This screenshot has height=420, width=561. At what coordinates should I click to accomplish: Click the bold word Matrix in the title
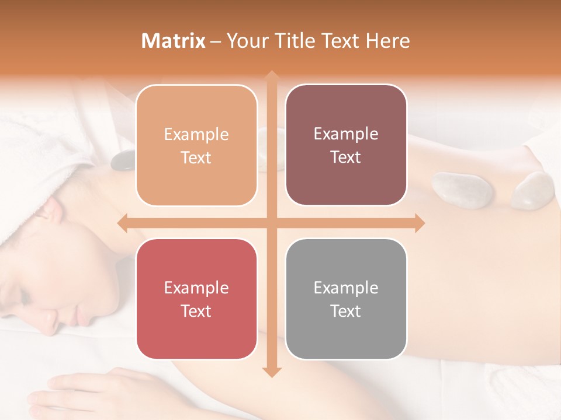(x=174, y=41)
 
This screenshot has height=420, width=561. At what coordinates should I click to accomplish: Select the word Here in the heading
(x=387, y=41)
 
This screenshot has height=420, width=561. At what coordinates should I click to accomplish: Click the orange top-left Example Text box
(x=196, y=145)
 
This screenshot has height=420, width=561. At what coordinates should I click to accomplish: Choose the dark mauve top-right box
(x=346, y=145)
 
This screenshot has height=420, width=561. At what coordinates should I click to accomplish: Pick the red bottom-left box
(x=196, y=299)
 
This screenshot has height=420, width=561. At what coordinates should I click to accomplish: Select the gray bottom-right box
(x=346, y=299)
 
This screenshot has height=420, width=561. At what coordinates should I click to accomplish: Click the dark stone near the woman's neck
(x=123, y=160)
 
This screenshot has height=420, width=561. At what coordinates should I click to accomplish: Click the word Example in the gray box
(x=346, y=288)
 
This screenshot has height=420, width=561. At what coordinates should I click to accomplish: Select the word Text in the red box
(x=196, y=311)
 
